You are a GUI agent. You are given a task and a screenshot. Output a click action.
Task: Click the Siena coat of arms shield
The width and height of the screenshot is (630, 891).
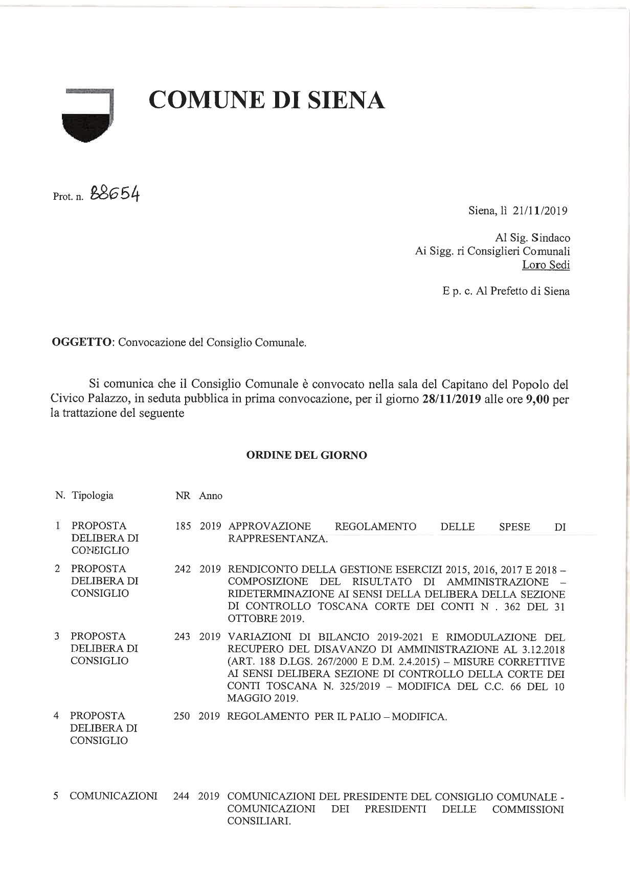pyautogui.click(x=86, y=116)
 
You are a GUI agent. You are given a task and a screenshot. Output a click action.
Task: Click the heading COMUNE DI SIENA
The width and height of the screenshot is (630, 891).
pyautogui.click(x=266, y=100)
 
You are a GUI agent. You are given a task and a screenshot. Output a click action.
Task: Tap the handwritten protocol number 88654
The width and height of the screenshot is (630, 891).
pyautogui.click(x=115, y=195)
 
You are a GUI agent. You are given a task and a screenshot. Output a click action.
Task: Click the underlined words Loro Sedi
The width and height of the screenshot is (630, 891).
pyautogui.click(x=546, y=265)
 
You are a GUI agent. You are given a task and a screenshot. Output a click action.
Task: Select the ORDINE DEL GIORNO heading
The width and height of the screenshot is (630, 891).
pyautogui.click(x=306, y=455)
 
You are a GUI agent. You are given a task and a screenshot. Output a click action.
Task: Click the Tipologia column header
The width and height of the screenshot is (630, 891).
pyautogui.click(x=93, y=496)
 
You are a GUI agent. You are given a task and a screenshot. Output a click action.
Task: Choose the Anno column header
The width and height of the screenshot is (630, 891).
pyautogui.click(x=211, y=496)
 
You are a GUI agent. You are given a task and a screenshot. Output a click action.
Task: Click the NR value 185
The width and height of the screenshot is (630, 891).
pyautogui.click(x=183, y=526)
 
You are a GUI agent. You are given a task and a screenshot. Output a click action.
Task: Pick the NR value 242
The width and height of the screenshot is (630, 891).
pyautogui.click(x=183, y=569)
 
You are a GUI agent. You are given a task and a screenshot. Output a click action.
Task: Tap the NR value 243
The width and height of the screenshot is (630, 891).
pyautogui.click(x=183, y=637)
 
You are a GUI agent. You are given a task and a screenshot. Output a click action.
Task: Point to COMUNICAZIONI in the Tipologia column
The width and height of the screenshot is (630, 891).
pyautogui.click(x=114, y=796)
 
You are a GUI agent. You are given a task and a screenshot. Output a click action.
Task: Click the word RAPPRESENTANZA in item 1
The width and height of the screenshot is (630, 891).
pyautogui.click(x=277, y=539)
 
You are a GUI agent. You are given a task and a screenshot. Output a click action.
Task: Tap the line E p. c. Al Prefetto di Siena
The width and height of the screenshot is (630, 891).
pyautogui.click(x=506, y=291)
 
